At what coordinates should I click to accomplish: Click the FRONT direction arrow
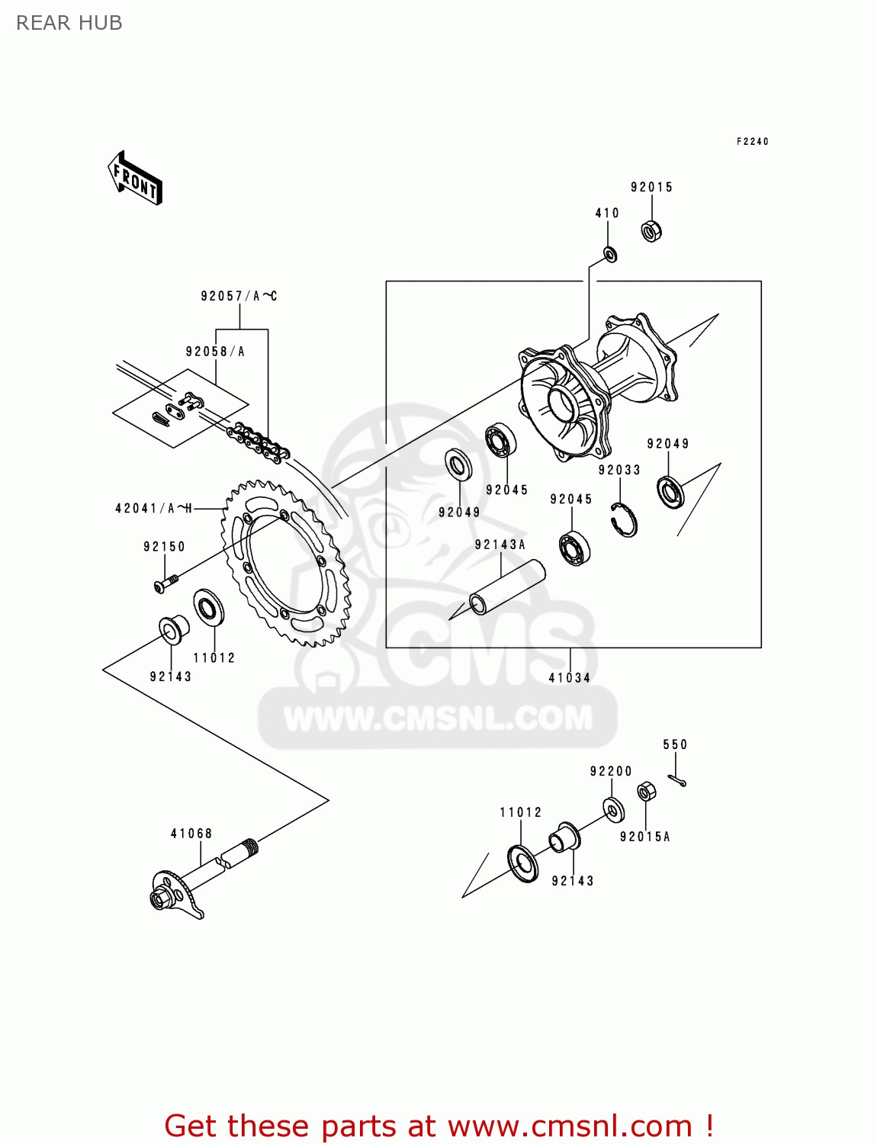pyautogui.click(x=135, y=178)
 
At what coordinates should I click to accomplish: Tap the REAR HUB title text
pyautogui.click(x=69, y=23)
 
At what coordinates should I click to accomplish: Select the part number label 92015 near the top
pyautogui.click(x=651, y=187)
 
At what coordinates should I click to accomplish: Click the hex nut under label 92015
pyautogui.click(x=651, y=230)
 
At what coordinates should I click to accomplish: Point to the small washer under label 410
pyautogui.click(x=610, y=254)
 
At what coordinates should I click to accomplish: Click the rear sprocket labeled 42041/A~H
pyautogui.click(x=286, y=563)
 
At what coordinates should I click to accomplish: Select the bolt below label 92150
pyautogui.click(x=165, y=583)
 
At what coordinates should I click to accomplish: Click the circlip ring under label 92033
pyautogui.click(x=625, y=520)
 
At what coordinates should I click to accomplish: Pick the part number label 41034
pyautogui.click(x=570, y=677)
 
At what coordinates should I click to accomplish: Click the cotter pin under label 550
pyautogui.click(x=676, y=779)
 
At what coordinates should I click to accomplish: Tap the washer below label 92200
pyautogui.click(x=613, y=809)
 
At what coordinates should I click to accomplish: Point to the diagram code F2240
pyautogui.click(x=752, y=141)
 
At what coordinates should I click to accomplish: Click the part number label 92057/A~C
pyautogui.click(x=239, y=296)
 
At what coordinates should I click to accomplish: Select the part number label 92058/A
pyautogui.click(x=215, y=352)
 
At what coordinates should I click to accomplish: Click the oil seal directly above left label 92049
pyautogui.click(x=458, y=464)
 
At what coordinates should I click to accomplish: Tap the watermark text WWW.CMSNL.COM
pyautogui.click(x=438, y=718)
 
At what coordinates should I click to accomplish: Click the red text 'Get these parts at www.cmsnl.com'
pyautogui.click(x=439, y=1126)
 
